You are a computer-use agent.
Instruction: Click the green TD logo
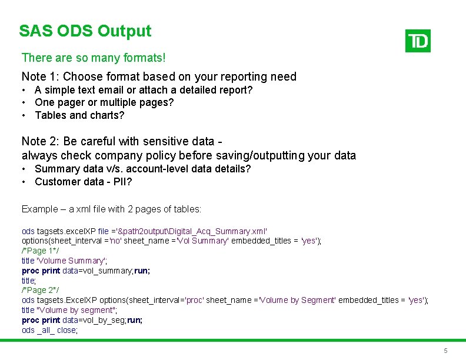click(418, 41)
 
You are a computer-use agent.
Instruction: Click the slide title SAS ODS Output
click(85, 31)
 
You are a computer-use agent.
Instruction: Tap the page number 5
click(445, 351)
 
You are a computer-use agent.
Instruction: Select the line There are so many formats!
click(94, 58)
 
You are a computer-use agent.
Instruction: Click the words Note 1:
click(40, 76)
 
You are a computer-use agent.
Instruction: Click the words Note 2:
click(40, 141)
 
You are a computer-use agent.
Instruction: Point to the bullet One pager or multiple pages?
click(104, 102)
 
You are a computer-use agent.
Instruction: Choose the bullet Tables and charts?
click(79, 115)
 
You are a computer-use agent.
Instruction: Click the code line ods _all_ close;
click(49, 330)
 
